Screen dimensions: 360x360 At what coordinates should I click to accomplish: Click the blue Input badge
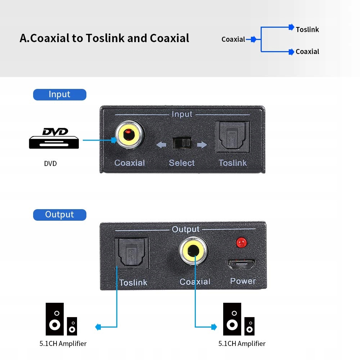coord(60,95)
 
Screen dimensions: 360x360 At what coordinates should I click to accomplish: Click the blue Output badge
coord(60,215)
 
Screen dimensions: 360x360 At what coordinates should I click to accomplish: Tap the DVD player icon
coord(54,138)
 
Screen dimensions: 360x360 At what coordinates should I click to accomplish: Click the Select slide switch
coord(182,143)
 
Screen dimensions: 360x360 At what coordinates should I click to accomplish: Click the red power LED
coord(242,243)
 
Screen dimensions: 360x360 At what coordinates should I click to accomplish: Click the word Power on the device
coord(243,281)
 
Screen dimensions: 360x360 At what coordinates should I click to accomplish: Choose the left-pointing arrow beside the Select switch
coord(161,145)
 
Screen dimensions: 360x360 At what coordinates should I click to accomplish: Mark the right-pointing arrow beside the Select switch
coord(202,145)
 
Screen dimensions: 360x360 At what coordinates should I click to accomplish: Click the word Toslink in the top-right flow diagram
coord(307,30)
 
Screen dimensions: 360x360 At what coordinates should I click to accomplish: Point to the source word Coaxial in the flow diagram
coord(233,40)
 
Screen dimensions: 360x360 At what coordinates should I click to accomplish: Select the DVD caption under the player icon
coord(50,163)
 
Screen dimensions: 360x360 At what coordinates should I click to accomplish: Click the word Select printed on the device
coord(182,163)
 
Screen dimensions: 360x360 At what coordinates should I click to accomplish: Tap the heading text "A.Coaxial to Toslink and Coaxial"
coord(104,38)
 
